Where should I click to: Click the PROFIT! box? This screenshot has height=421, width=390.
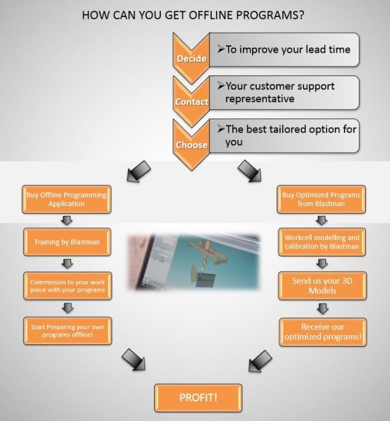(198, 398)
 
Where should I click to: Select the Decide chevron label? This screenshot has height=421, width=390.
(191, 59)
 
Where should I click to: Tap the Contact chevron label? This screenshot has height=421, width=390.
(191, 102)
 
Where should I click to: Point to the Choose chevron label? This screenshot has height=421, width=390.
(191, 145)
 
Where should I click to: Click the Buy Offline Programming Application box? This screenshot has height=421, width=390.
(66, 199)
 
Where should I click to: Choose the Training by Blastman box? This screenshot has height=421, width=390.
(67, 242)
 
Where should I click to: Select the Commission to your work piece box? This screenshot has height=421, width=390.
(68, 286)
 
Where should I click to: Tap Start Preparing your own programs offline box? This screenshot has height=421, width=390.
(68, 331)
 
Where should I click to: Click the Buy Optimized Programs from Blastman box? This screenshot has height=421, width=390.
(321, 199)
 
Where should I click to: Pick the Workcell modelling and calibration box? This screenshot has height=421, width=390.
(322, 242)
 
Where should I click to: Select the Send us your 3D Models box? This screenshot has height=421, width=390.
(322, 286)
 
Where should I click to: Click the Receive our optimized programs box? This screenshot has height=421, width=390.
(323, 332)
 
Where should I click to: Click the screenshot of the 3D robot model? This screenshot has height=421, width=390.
(193, 262)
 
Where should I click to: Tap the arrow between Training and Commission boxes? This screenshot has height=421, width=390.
(68, 264)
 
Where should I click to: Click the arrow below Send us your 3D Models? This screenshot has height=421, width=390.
(322, 309)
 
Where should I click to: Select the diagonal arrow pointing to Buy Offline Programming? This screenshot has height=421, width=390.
(139, 172)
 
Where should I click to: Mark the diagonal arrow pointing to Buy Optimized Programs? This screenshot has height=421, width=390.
(249, 171)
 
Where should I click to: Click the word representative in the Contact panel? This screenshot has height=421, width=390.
(260, 99)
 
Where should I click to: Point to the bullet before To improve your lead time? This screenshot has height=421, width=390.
(221, 49)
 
